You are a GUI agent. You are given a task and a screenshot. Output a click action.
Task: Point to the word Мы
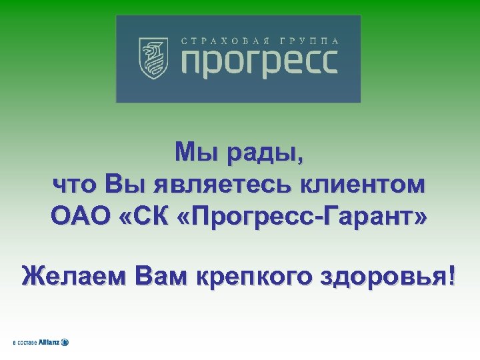193,154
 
